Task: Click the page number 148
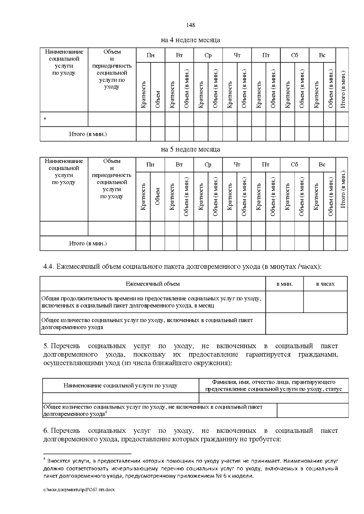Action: pos(190,25)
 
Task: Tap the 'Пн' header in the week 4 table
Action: pos(150,55)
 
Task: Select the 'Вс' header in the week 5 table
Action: pos(322,164)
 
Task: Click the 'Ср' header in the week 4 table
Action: pos(208,55)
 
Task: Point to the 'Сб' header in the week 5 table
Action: pos(294,164)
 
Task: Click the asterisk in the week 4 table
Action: pos(45,119)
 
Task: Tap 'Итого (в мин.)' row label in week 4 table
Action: pos(88,134)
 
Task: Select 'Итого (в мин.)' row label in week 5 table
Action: pos(88,243)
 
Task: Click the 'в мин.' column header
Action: pos(284,284)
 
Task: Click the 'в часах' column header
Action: pos(325,284)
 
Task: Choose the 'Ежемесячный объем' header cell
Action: pos(153,284)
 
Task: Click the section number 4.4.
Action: pos(49,267)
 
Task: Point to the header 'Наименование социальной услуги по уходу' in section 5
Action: pos(120,386)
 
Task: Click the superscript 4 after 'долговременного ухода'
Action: pos(106,413)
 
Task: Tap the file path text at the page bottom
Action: pos(79,490)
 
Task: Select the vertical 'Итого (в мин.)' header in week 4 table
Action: pos(343,89)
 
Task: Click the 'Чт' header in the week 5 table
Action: pos(237,164)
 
